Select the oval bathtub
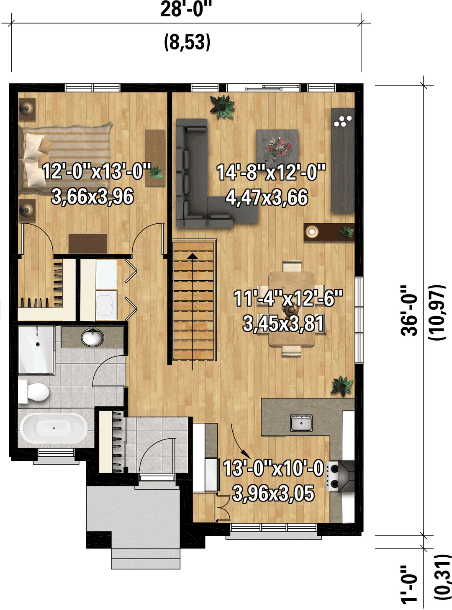pyautogui.click(x=54, y=429)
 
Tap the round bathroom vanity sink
pyautogui.click(x=93, y=337)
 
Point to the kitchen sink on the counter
pyautogui.click(x=301, y=423)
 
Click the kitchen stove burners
pyautogui.click(x=332, y=476)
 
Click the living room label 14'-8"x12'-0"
pyautogui.click(x=271, y=172)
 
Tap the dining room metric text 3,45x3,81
pyautogui.click(x=283, y=324)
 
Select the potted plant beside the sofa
pyautogui.click(x=223, y=107)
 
